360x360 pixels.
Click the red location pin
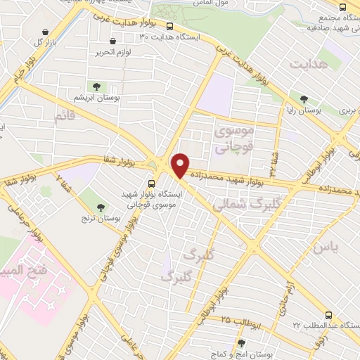coord(181,165)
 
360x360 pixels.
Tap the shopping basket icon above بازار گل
coord(46,32)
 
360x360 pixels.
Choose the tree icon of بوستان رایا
coord(304,99)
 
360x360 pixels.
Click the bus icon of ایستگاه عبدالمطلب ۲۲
coord(328,315)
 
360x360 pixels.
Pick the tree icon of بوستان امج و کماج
coord(241,344)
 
